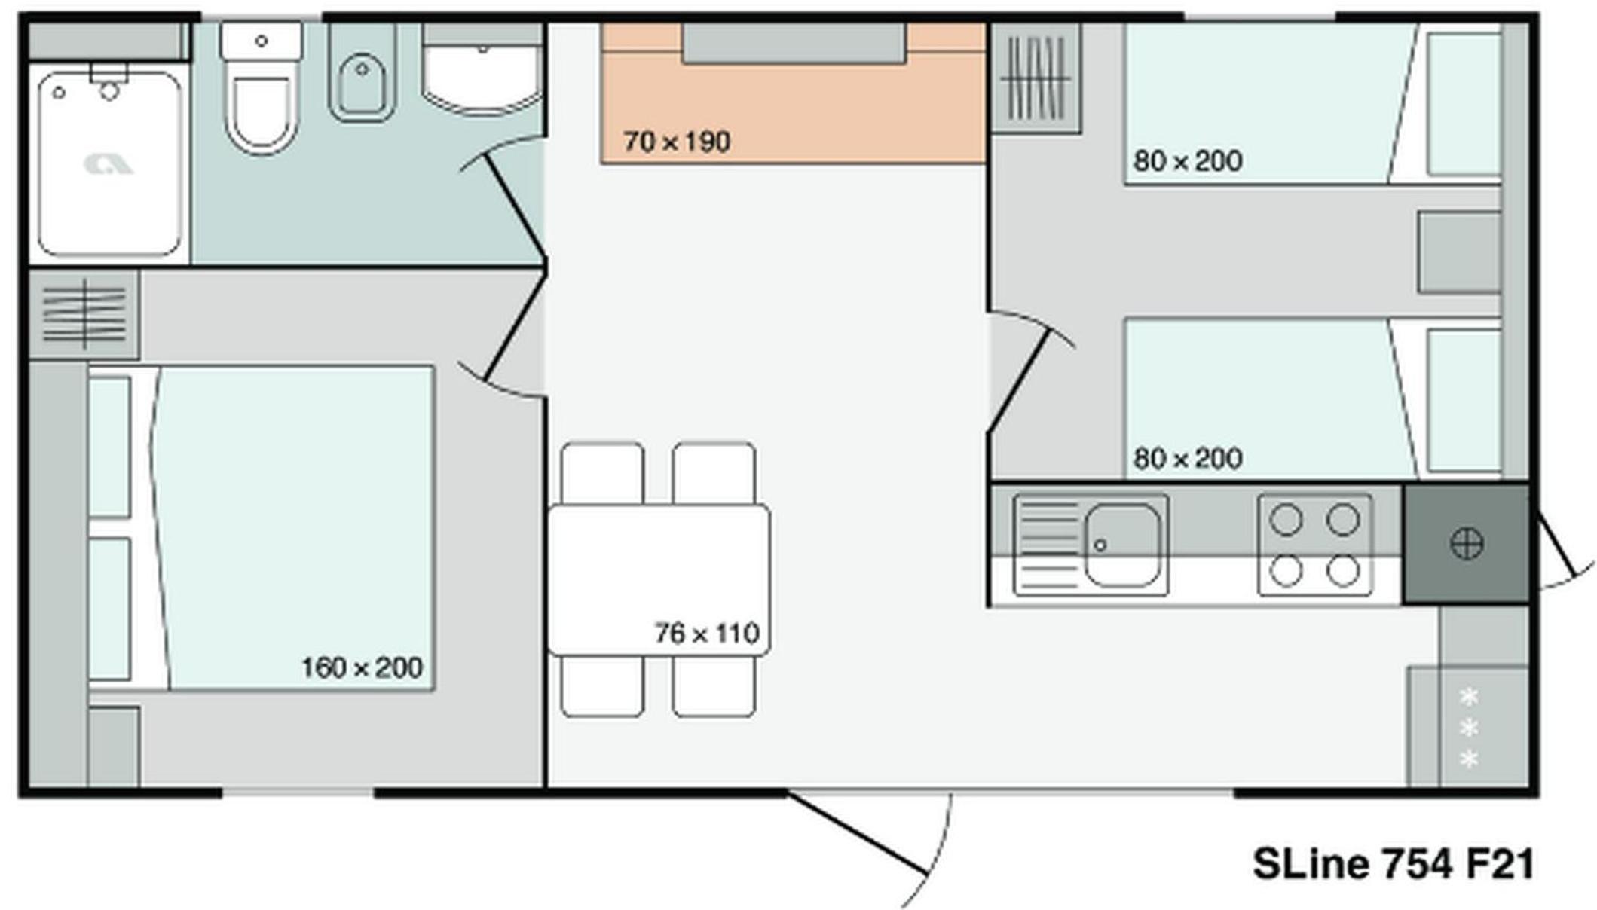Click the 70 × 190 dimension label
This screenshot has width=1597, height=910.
pos(677,142)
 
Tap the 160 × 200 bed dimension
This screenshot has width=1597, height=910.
pos(362,667)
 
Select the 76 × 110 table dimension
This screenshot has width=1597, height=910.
pos(707,634)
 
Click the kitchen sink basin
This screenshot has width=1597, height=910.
pos(1122,545)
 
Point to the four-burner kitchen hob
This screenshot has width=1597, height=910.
pos(1314,545)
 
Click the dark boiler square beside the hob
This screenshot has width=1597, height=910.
pos(1466,544)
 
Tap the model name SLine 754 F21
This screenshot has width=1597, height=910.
pos(1393,863)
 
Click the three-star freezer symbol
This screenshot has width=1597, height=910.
pos(1468,728)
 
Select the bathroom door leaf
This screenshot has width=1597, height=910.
pos(515,206)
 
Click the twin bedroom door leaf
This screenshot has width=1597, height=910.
pos(1018,381)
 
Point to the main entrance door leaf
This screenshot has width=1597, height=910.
pos(858,832)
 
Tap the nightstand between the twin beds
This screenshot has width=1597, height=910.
pos(1459,252)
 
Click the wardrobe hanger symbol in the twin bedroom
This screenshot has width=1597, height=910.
pos(1036,78)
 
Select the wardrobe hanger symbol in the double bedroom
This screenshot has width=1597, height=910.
pos(84,315)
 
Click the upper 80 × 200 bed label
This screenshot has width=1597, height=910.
pos(1188,160)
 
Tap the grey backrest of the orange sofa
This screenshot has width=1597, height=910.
pos(794,43)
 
